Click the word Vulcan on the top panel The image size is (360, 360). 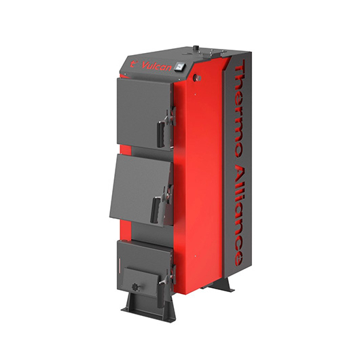point(157,67)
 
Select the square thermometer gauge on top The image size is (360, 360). point(180,67)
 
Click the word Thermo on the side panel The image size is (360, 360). point(238,109)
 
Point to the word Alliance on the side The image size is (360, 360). point(238,216)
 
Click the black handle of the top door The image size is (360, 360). point(161,134)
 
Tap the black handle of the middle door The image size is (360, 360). point(156,209)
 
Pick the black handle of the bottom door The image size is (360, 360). point(161,295)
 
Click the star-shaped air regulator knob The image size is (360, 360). point(135,287)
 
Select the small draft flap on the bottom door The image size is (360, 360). point(140,279)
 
